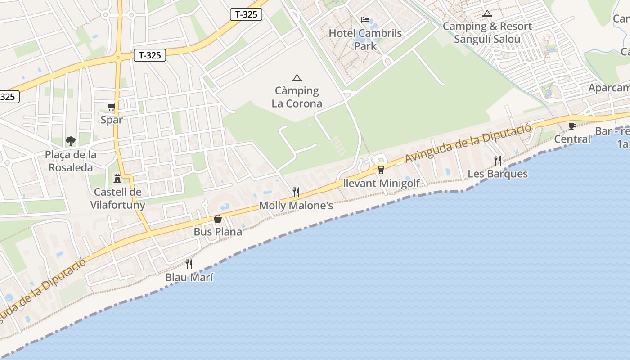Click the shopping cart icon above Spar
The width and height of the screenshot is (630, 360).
click(111, 107)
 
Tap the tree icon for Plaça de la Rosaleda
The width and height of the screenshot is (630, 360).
click(70, 141)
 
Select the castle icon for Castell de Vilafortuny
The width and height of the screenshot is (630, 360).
click(117, 178)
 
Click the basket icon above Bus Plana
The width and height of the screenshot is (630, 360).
click(218, 219)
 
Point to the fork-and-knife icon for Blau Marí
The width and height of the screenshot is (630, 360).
click(189, 264)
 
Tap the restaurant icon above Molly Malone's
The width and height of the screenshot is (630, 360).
click(296, 192)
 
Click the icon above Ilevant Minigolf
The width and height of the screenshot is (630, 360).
click(381, 170)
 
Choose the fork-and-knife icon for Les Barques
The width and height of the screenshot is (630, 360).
click(498, 160)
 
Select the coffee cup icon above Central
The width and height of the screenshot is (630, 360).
click(572, 126)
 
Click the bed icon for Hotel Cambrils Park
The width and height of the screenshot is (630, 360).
click(365, 20)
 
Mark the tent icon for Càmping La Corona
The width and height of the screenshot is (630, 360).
click(297, 78)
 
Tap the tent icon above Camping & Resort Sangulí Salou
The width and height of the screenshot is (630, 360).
click(487, 13)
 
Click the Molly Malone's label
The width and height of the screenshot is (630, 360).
click(296, 206)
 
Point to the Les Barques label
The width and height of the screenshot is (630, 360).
click(498, 174)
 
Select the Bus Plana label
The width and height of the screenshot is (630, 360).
click(218, 232)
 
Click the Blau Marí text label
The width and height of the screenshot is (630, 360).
click(189, 277)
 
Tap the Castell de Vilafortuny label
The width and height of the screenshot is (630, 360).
click(117, 198)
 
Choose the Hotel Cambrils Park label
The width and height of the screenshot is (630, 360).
click(365, 40)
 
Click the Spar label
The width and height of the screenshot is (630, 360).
click(111, 120)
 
